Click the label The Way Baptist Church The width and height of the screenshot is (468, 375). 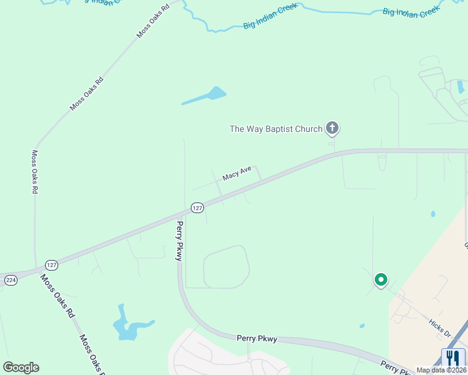(x=276, y=129)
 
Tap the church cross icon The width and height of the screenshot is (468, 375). (x=332, y=129)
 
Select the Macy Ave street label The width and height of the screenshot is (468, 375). (x=237, y=172)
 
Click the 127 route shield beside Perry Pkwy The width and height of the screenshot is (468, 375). (x=197, y=207)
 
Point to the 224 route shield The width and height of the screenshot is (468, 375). (x=9, y=280)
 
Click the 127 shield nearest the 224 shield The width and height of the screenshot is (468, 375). (x=52, y=264)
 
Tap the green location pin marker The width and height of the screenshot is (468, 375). (x=380, y=280)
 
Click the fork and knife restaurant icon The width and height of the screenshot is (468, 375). (x=454, y=358)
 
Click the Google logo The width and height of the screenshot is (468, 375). (x=21, y=367)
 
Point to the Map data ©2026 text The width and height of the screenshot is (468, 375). (x=442, y=370)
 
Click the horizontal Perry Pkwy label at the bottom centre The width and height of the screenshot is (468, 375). (x=257, y=339)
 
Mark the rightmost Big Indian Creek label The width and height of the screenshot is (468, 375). (x=412, y=12)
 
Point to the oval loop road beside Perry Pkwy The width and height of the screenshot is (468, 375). (x=226, y=267)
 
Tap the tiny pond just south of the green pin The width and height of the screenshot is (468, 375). (x=362, y=326)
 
